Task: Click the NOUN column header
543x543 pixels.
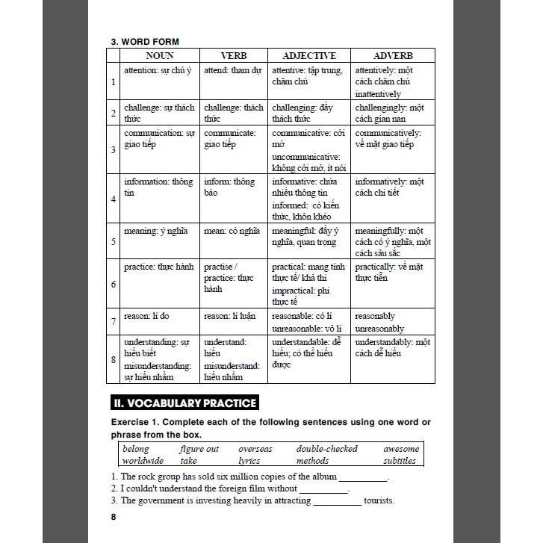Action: pos(159,55)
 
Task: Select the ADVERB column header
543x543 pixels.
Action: pos(393,55)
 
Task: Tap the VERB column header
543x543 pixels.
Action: pos(233,55)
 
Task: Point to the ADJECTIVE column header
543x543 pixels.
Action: pos(308,55)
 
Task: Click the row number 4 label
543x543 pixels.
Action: pos(114,199)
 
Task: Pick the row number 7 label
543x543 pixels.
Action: pos(114,322)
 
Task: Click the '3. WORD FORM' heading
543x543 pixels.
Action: pos(145,42)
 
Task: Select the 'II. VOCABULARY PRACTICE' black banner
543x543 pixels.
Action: pos(184,403)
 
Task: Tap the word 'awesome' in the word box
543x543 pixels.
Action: pos(401,449)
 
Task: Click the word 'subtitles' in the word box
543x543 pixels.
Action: pos(399,461)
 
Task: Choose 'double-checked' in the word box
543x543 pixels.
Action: pos(326,449)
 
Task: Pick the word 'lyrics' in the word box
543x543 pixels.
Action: pos(249,461)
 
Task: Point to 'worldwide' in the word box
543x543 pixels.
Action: pos(143,461)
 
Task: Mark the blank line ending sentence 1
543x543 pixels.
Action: pos(363,479)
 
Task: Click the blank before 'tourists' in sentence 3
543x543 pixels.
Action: pos(337,502)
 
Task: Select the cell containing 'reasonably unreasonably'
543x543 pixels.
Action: pos(392,322)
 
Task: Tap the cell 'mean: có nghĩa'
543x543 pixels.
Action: pos(233,241)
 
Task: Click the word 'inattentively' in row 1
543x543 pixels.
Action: pos(378,94)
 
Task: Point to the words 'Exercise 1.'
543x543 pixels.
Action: pos(136,423)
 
